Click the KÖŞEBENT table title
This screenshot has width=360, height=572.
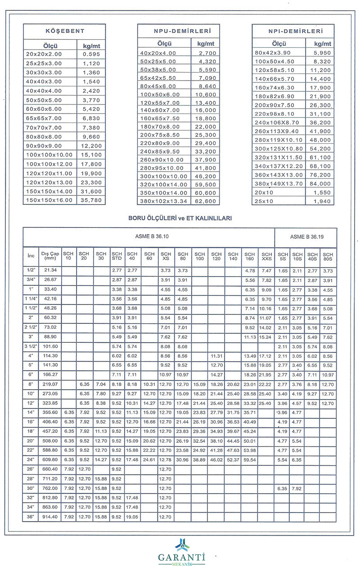[65, 32]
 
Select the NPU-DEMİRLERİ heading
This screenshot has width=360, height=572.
[179, 32]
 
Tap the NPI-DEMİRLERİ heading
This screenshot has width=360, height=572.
[293, 32]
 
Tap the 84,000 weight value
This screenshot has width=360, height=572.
[319, 183]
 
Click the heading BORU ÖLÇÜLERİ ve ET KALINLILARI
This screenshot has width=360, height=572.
[180, 218]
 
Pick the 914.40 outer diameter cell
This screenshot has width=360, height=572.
[50, 517]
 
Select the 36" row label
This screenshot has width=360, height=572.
[31, 517]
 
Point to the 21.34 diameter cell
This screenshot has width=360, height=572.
[50, 271]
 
